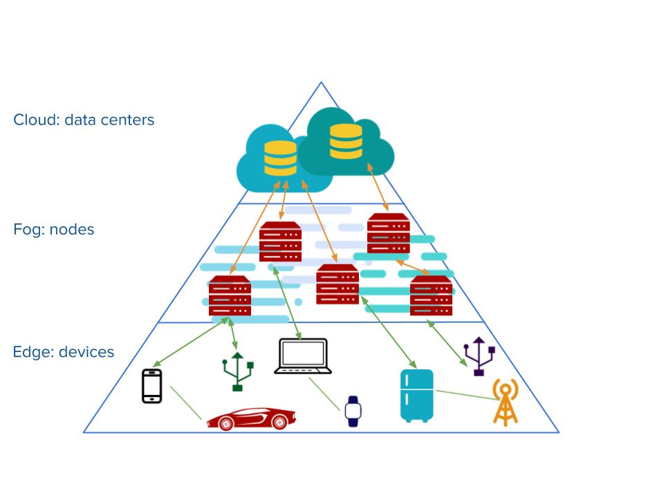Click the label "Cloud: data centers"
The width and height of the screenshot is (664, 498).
point(84,120)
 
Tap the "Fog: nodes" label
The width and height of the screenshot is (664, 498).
point(53,230)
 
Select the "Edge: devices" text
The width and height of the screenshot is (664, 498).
point(63,352)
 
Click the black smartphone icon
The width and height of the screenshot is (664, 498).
point(151,386)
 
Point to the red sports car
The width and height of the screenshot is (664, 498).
point(250,418)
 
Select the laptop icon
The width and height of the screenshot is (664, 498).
point(302,356)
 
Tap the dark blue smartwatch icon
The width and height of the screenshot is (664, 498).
point(353,411)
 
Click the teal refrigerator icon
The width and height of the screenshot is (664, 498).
point(416,396)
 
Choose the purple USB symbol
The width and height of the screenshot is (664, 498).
point(479,357)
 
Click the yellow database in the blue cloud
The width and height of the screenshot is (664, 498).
point(280,158)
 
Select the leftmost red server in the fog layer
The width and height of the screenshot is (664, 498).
point(230,296)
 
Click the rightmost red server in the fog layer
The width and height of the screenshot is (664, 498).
point(431,296)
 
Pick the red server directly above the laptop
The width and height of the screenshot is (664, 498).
point(280,242)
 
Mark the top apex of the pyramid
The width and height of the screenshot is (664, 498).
point(321,83)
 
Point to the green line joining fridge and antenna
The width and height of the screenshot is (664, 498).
point(462,395)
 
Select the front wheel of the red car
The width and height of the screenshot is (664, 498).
point(279,421)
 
